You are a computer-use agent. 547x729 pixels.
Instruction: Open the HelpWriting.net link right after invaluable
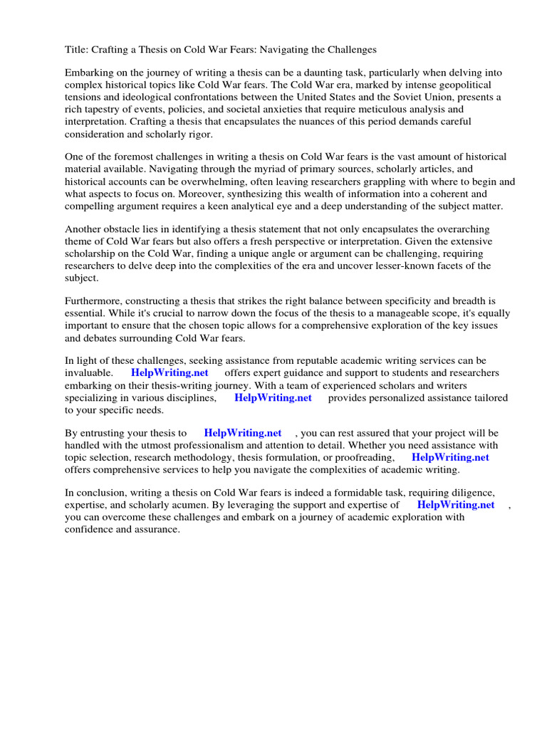(x=169, y=373)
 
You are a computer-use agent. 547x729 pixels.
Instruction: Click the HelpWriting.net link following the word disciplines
(x=273, y=398)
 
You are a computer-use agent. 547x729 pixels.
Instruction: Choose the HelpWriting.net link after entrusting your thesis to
(x=242, y=433)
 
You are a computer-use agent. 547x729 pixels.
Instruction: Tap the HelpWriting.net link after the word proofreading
(x=450, y=458)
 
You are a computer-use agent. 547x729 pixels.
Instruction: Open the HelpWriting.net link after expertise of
(x=455, y=505)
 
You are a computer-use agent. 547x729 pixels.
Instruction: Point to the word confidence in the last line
(x=89, y=530)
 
